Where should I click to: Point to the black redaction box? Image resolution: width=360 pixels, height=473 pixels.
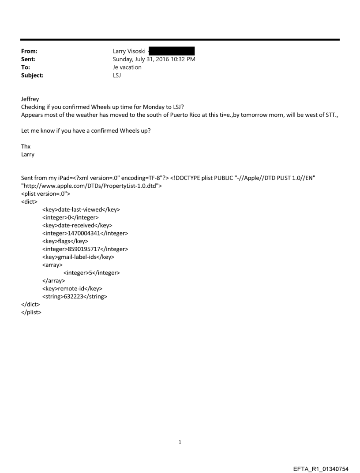[x=172, y=52]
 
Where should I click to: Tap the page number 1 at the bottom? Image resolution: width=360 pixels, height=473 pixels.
[x=180, y=441]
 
